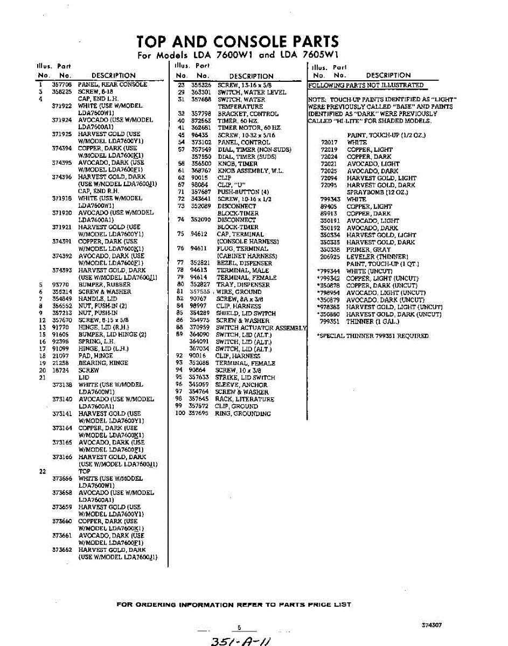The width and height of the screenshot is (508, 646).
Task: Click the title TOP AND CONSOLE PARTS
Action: [238, 41]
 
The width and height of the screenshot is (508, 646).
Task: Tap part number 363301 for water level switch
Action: [201, 93]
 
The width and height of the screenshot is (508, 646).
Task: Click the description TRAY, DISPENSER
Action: [243, 285]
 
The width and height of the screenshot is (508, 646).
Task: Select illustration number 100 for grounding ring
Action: [180, 413]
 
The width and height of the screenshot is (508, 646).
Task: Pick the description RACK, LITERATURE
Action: [245, 399]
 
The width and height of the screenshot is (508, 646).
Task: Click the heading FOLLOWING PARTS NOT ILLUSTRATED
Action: [366, 85]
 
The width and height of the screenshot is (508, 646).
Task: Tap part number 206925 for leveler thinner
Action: [330, 257]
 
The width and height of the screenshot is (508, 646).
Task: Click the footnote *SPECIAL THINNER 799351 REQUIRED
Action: [373, 336]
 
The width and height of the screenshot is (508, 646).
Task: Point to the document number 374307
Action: [432, 626]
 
